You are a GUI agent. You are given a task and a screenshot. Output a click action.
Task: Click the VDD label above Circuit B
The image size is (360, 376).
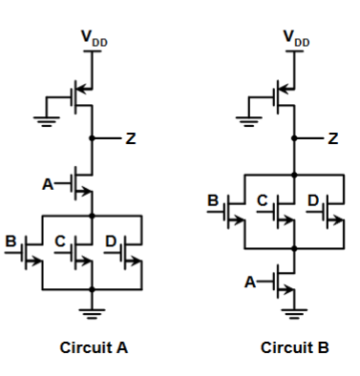tap(296, 39)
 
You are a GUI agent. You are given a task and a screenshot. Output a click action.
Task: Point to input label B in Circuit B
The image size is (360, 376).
tap(215, 202)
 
